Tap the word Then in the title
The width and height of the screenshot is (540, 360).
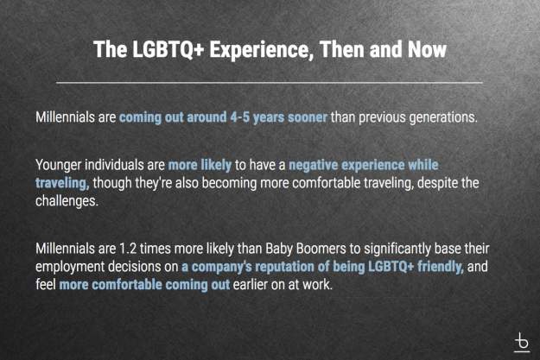tap(342, 49)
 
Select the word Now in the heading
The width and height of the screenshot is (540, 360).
tap(427, 49)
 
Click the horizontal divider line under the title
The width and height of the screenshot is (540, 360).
tap(270, 83)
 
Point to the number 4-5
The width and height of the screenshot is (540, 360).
tap(239, 117)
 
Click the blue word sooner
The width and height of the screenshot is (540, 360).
tap(308, 117)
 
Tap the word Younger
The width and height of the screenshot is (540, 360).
tap(58, 165)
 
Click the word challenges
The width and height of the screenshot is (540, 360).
tap(67, 200)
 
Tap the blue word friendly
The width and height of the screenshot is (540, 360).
tap(441, 267)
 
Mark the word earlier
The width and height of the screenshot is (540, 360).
tap(250, 285)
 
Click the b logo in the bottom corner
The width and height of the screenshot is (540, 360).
tap(522, 343)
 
